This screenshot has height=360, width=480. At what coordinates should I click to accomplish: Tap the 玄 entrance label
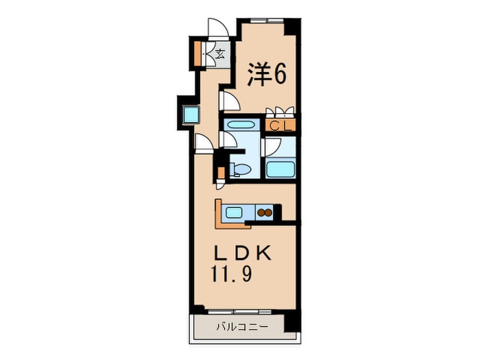221,53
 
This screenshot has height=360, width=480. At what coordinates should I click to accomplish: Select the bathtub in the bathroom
279,169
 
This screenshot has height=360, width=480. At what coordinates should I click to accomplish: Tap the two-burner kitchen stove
265,213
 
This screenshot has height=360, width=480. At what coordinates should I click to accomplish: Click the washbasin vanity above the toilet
239,126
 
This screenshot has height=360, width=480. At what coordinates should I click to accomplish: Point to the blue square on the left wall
190,112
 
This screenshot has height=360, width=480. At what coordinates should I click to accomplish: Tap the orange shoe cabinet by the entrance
197,53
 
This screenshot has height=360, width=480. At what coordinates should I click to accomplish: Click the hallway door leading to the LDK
204,143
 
